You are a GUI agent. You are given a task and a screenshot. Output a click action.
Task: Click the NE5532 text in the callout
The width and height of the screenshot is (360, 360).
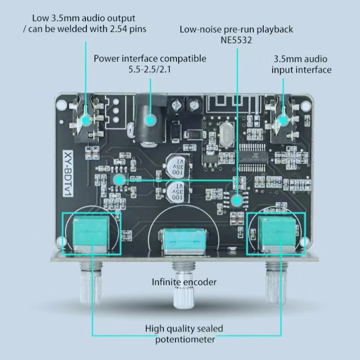click(x=236, y=40)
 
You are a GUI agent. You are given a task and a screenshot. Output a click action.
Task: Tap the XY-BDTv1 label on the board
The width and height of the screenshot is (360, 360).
click(x=70, y=171)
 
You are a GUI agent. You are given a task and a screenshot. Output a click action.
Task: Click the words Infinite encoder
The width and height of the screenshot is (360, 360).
click(x=184, y=282)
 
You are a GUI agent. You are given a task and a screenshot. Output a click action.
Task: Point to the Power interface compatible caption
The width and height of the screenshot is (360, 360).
click(x=150, y=59)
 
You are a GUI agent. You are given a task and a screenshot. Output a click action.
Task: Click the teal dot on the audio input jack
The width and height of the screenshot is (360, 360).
click(x=283, y=120)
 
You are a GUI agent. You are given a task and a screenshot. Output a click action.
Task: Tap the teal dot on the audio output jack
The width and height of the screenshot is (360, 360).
click(x=86, y=120)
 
